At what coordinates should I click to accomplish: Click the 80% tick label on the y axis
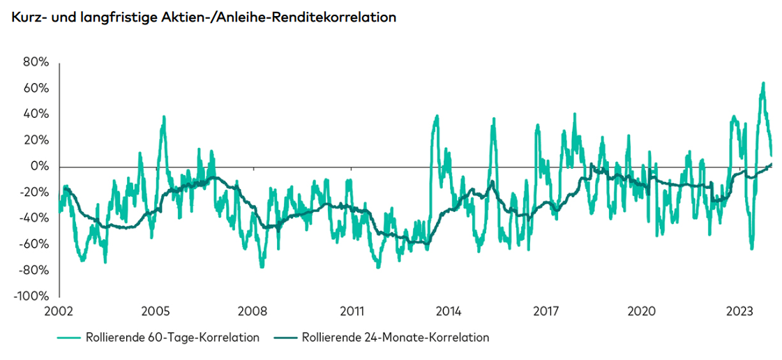coord(36,62)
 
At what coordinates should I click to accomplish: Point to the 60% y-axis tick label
coord(36,88)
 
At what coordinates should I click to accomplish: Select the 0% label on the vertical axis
coord(39,166)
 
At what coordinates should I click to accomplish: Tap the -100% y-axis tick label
coord(31,296)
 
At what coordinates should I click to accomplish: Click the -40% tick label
coord(33,218)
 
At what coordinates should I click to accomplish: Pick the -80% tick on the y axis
coord(33,270)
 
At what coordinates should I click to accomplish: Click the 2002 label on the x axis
coord(59,310)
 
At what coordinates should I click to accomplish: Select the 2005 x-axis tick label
coord(156,310)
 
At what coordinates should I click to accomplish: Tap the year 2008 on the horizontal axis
coord(253,310)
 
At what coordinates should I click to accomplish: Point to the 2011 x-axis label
coord(351,310)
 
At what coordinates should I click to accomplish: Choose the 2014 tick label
coord(448,310)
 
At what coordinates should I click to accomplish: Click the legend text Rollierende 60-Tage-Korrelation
coord(172,338)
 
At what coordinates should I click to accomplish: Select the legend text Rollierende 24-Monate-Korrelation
coord(396,338)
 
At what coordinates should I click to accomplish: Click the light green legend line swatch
coord(69,338)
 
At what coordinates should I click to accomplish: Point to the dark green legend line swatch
coord(286,338)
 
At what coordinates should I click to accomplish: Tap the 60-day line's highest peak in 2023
coord(763,83)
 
